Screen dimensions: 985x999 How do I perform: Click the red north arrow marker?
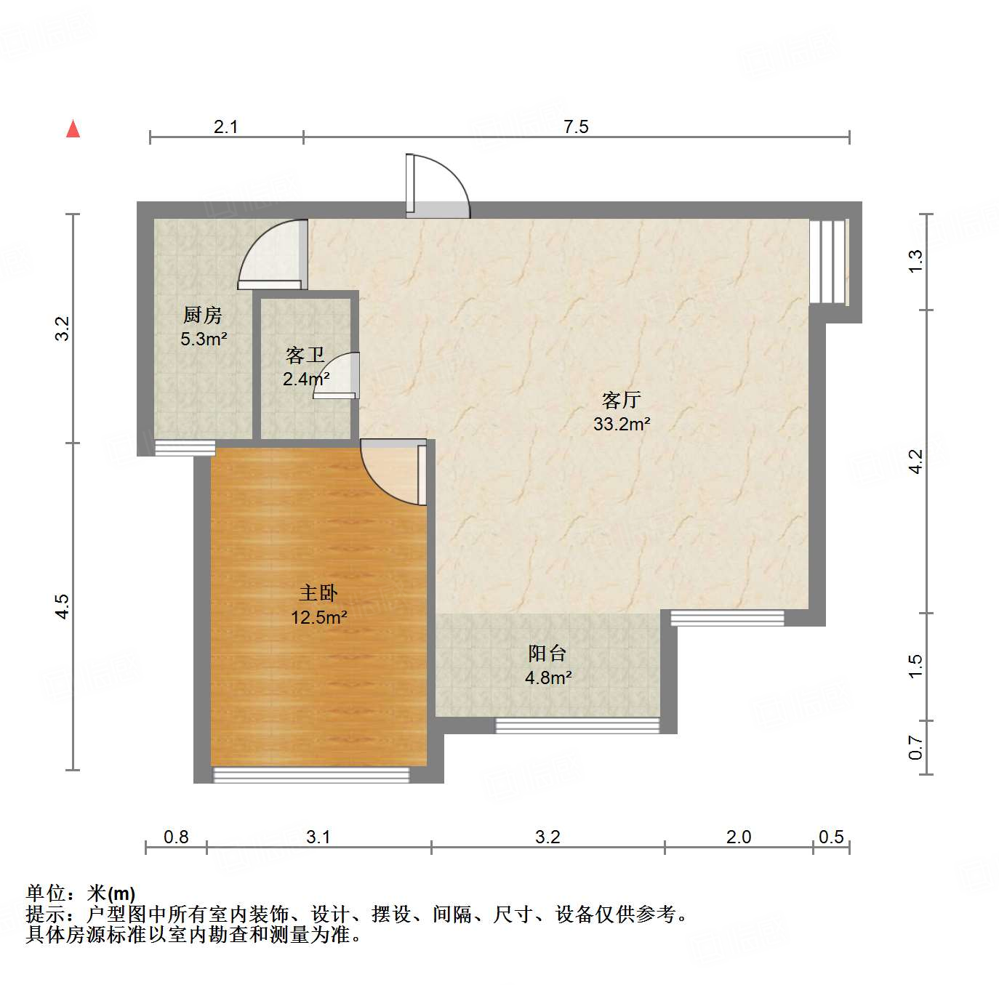click(x=73, y=129)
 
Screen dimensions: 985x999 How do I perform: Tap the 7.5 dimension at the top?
click(x=575, y=127)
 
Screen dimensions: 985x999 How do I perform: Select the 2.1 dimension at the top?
click(x=225, y=127)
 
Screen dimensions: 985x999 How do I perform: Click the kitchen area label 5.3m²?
click(x=204, y=339)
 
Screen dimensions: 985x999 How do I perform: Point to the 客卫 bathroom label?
click(x=305, y=355)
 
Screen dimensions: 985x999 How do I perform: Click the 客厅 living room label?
click(x=621, y=401)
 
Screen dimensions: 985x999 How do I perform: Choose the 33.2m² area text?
click(x=621, y=425)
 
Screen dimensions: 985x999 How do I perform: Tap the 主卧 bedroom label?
click(x=318, y=593)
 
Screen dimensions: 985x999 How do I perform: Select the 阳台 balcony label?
click(x=547, y=654)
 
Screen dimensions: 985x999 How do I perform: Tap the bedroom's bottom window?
click(x=311, y=775)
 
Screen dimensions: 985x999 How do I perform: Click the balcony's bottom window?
click(x=577, y=725)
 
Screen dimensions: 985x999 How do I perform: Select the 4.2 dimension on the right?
click(x=916, y=462)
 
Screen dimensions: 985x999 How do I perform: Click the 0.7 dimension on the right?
click(x=916, y=748)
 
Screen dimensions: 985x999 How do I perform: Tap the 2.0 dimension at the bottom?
click(x=738, y=837)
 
